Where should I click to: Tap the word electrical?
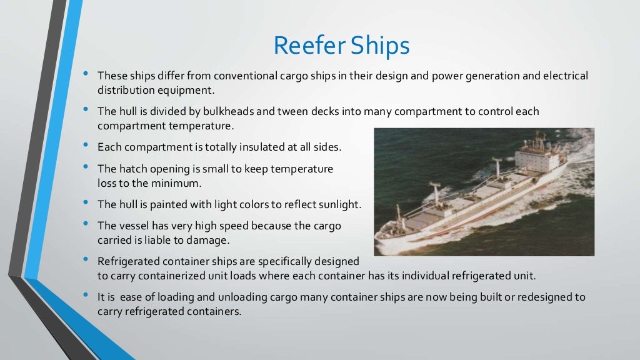click(x=565, y=76)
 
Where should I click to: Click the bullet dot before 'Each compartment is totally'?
click(x=86, y=146)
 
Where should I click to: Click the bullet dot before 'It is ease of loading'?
click(x=86, y=296)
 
